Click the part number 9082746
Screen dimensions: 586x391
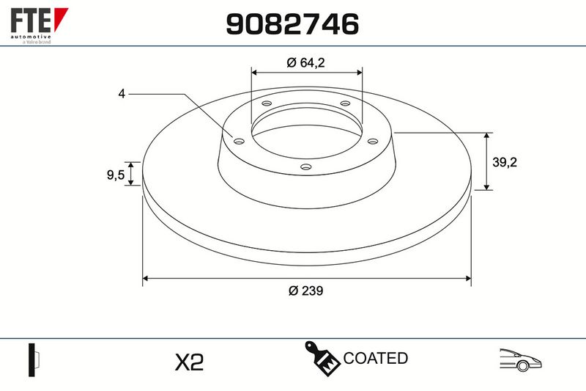pos(292,24)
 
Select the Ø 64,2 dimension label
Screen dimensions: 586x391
pos(305,62)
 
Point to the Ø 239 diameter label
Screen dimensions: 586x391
pos(305,290)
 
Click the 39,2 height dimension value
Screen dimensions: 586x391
pos(505,162)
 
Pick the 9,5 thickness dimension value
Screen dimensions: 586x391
pos(116,175)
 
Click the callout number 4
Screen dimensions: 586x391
pos(122,94)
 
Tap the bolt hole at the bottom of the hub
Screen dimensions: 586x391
pos(306,167)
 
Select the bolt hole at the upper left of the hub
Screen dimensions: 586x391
pos(267,103)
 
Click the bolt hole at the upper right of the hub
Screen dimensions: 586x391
pos(345,103)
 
